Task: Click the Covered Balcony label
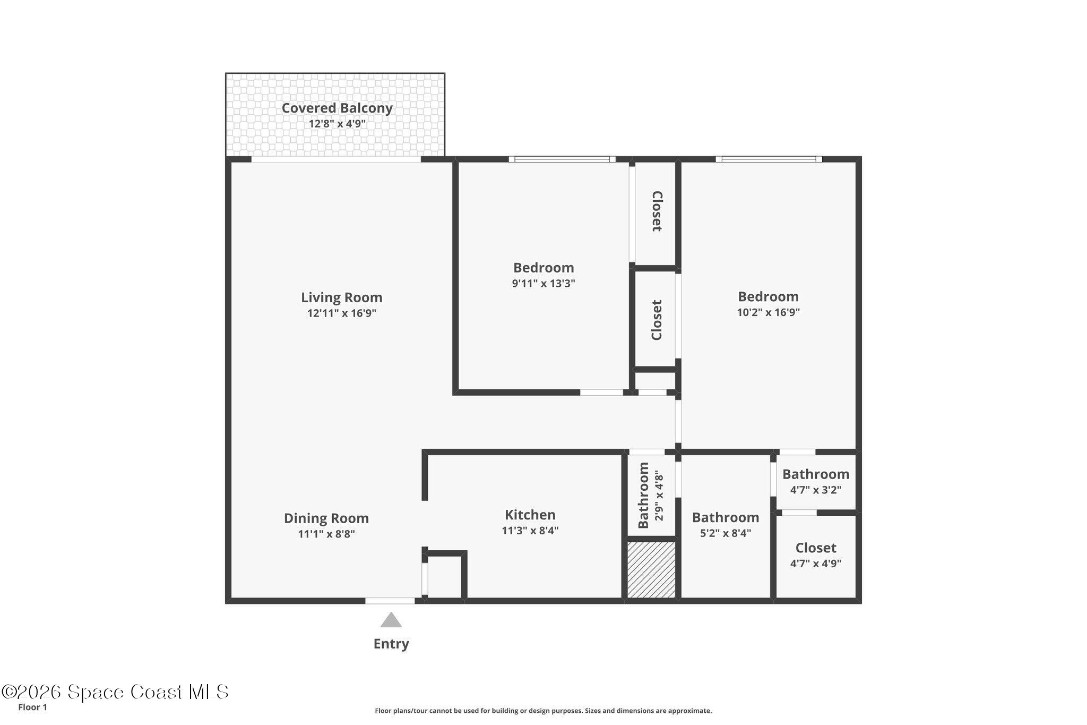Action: click(337, 108)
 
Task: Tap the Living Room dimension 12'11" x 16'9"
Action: click(341, 313)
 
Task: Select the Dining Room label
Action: click(326, 518)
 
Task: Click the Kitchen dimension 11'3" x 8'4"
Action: click(530, 530)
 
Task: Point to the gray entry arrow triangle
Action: click(391, 620)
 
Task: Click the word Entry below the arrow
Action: click(391, 644)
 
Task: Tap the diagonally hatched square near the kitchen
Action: click(651, 569)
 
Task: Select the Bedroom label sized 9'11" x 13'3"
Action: click(543, 267)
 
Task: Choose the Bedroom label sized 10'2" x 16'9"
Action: click(768, 296)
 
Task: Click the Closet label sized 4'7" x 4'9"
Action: click(815, 548)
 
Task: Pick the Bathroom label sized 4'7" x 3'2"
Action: click(815, 474)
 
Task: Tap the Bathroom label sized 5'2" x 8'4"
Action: click(725, 517)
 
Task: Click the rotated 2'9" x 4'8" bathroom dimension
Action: click(659, 495)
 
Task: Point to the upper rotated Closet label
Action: click(657, 211)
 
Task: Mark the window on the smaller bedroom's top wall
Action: click(562, 159)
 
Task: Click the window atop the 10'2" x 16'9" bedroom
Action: click(769, 159)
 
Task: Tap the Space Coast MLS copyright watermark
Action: click(115, 692)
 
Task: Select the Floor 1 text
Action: click(32, 707)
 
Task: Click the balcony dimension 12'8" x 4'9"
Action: click(337, 124)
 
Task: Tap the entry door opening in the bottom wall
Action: click(390, 601)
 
